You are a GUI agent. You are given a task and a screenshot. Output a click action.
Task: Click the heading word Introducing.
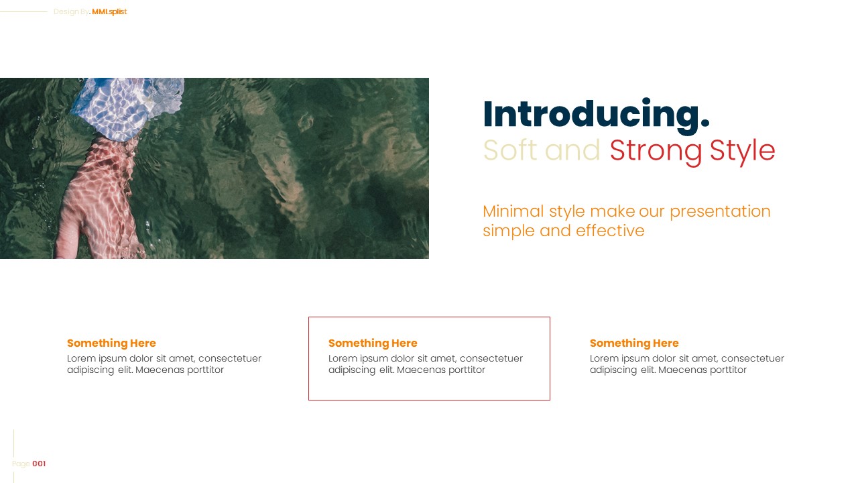pyautogui.click(x=595, y=114)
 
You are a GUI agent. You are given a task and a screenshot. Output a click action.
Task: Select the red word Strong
pyautogui.click(x=656, y=151)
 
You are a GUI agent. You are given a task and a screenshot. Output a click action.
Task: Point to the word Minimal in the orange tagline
pyautogui.click(x=513, y=211)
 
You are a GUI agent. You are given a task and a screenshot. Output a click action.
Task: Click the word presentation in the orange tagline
pyautogui.click(x=720, y=212)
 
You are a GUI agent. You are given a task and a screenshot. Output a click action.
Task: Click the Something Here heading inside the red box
pyautogui.click(x=373, y=343)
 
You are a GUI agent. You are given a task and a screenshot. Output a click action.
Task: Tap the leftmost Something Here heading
pyautogui.click(x=111, y=343)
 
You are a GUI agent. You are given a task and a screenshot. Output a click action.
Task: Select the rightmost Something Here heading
pyautogui.click(x=634, y=343)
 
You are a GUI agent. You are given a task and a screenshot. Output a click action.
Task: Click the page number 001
pyautogui.click(x=39, y=464)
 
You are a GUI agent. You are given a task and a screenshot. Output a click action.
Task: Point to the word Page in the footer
pyautogui.click(x=21, y=464)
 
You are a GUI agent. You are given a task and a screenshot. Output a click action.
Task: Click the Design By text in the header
pyautogui.click(x=71, y=11)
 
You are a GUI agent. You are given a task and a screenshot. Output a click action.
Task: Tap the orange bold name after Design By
pyautogui.click(x=109, y=11)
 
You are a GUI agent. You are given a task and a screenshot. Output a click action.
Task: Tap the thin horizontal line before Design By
pyautogui.click(x=23, y=11)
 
